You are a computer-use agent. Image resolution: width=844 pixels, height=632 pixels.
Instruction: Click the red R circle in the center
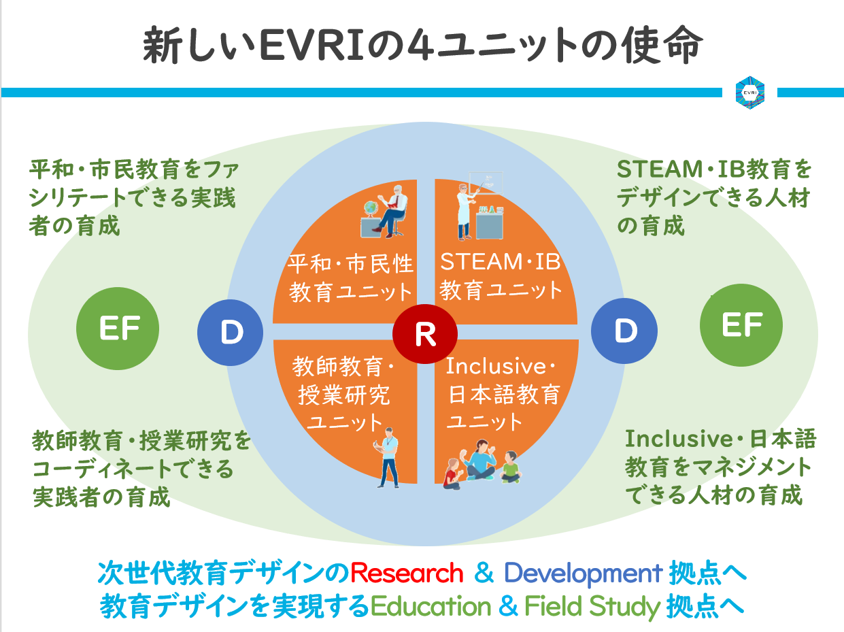[x=425, y=334]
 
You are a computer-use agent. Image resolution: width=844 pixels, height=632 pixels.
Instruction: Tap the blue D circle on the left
[x=231, y=333]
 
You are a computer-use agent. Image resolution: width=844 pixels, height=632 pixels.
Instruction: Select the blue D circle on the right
[x=624, y=331]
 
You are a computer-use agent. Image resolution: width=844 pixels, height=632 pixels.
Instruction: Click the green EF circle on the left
[x=118, y=329]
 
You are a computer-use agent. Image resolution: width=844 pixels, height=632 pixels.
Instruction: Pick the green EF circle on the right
[x=741, y=325]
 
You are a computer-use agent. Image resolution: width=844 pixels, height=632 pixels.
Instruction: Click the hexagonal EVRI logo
[x=749, y=93]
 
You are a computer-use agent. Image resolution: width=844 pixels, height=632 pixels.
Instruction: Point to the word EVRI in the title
[x=312, y=46]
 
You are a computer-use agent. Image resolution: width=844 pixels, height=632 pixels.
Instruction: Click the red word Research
[x=407, y=573]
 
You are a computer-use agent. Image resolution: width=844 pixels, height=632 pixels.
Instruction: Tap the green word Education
[x=431, y=607]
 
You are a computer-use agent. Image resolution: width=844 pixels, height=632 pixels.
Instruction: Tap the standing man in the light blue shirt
[x=388, y=458]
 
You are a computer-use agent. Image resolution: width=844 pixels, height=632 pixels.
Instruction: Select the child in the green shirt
[x=511, y=467]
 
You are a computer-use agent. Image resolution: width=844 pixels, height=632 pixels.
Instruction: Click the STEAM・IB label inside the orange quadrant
[x=500, y=262]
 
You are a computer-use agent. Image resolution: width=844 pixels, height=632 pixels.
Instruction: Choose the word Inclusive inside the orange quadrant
[x=496, y=366]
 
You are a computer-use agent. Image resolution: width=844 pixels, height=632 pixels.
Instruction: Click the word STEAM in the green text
[x=660, y=169]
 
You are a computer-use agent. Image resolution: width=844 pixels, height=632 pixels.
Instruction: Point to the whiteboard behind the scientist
[x=486, y=182]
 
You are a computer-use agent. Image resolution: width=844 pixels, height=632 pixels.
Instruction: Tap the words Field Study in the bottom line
[x=592, y=607]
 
